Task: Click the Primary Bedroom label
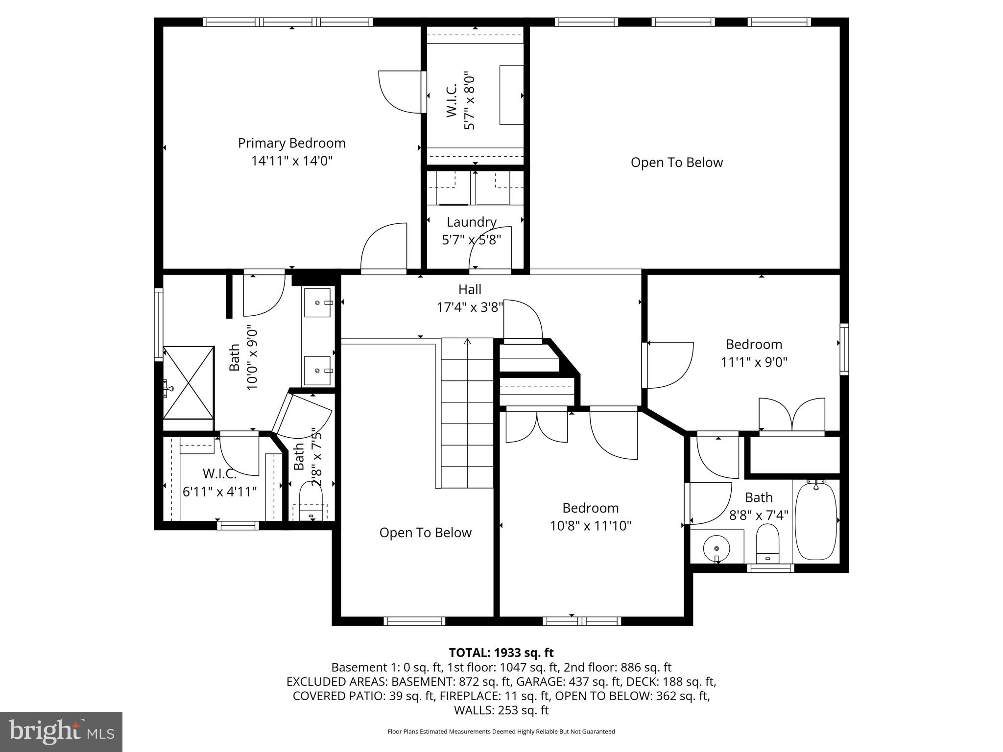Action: pos(292,143)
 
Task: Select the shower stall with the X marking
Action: pos(189,382)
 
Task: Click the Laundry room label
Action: pos(471,222)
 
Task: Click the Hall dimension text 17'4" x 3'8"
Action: pos(470,307)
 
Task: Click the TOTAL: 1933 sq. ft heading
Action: pos(501,653)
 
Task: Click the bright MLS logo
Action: pos(61,731)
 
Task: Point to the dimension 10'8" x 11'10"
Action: pos(590,526)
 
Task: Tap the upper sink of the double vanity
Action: pos(318,302)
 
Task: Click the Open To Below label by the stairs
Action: pos(425,533)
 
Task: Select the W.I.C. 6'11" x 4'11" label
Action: pos(219,483)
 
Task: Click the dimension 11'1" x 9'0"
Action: pos(754,362)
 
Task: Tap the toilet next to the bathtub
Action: pos(767,543)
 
